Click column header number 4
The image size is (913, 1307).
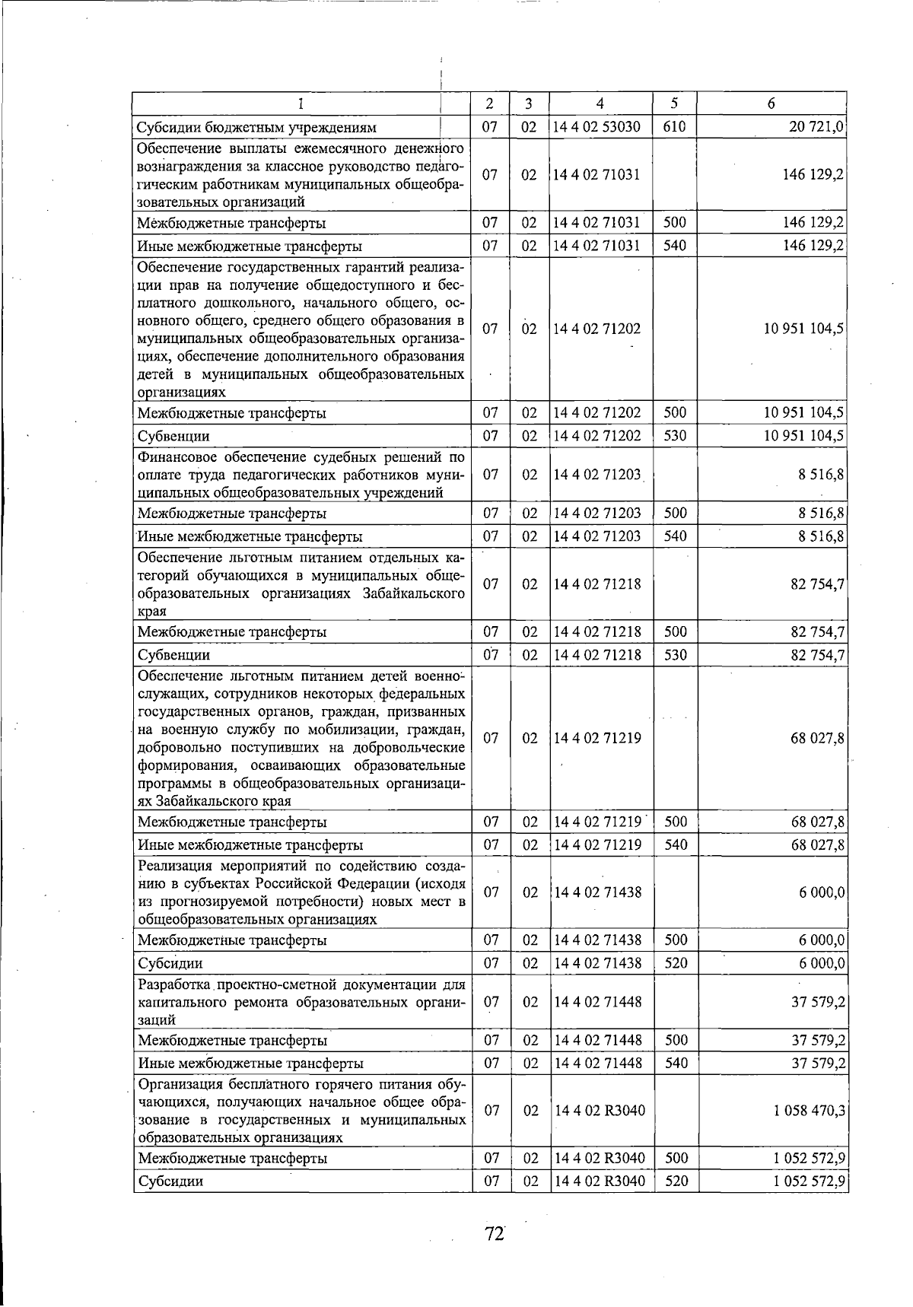[600, 103]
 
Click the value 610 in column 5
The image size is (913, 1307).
[675, 126]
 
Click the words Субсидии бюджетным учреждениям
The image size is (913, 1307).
[256, 128]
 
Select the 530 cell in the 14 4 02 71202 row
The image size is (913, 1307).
[675, 435]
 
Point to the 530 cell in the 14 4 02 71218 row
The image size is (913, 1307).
[675, 654]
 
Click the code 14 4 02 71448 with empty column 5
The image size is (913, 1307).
[597, 1002]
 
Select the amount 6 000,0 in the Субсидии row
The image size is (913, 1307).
[822, 963]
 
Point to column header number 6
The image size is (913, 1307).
[771, 103]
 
